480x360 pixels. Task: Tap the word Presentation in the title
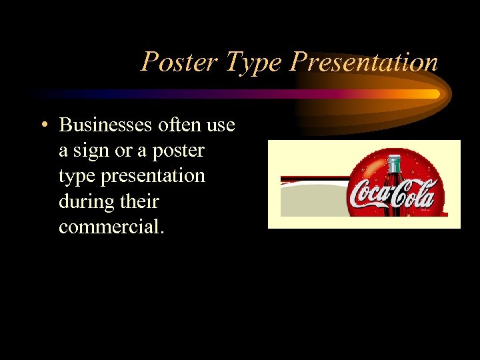pos(364,62)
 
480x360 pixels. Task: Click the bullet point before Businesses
pos(43,125)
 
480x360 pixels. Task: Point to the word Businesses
pos(107,125)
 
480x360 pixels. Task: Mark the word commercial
pos(111,227)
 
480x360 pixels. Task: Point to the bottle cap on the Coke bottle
pos(394,159)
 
